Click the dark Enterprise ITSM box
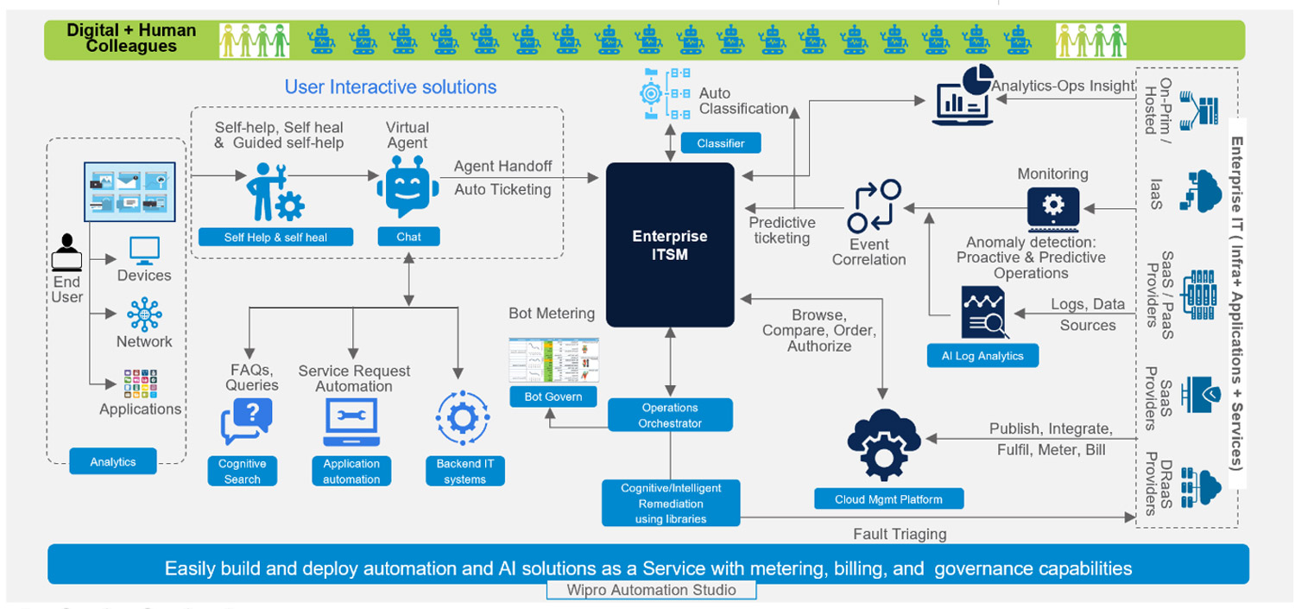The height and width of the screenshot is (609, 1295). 670,244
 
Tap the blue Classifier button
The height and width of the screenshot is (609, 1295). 720,143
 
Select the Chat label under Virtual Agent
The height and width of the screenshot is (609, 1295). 408,237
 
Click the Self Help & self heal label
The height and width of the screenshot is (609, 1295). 275,237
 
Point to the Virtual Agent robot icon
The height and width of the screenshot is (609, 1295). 403,191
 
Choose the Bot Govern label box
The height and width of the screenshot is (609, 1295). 553,396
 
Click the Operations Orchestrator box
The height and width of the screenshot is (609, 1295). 670,415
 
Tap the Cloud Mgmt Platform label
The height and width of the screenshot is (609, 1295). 888,499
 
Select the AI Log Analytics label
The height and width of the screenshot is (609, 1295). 982,355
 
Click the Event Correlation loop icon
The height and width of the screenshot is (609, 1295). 874,206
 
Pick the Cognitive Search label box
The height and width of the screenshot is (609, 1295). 242,471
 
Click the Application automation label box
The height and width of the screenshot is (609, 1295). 351,471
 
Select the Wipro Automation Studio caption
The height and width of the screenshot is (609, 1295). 652,590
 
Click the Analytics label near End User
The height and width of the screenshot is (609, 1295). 113,461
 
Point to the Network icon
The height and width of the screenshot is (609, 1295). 144,314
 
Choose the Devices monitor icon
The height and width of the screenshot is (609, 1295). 144,251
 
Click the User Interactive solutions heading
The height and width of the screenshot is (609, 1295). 390,87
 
